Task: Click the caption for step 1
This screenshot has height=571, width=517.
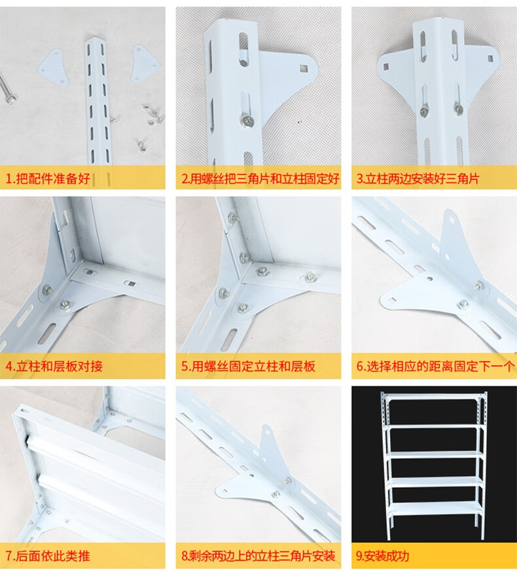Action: pos(48,179)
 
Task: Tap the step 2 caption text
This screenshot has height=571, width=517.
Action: pos(260,179)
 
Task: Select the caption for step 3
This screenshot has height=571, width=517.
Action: pos(418,179)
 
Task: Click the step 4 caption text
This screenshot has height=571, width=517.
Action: pos(54,366)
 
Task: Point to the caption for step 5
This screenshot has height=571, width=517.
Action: pos(248,366)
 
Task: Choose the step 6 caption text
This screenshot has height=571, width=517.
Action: pos(435,366)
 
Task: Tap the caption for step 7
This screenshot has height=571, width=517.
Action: pos(48,556)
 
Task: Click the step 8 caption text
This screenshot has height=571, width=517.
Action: pos(258,556)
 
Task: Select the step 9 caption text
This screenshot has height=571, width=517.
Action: pos(382,556)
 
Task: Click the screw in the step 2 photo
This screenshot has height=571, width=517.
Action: pos(247,121)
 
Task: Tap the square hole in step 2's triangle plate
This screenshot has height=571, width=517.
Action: pos(304,68)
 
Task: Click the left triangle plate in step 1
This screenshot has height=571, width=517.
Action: pos(54,67)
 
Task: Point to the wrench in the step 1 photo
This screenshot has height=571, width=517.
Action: pos(6,90)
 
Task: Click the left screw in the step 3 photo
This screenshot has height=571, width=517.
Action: pos(424,111)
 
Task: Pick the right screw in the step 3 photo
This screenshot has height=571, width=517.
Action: pos(458,108)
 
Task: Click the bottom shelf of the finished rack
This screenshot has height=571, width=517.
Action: pos(434,509)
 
